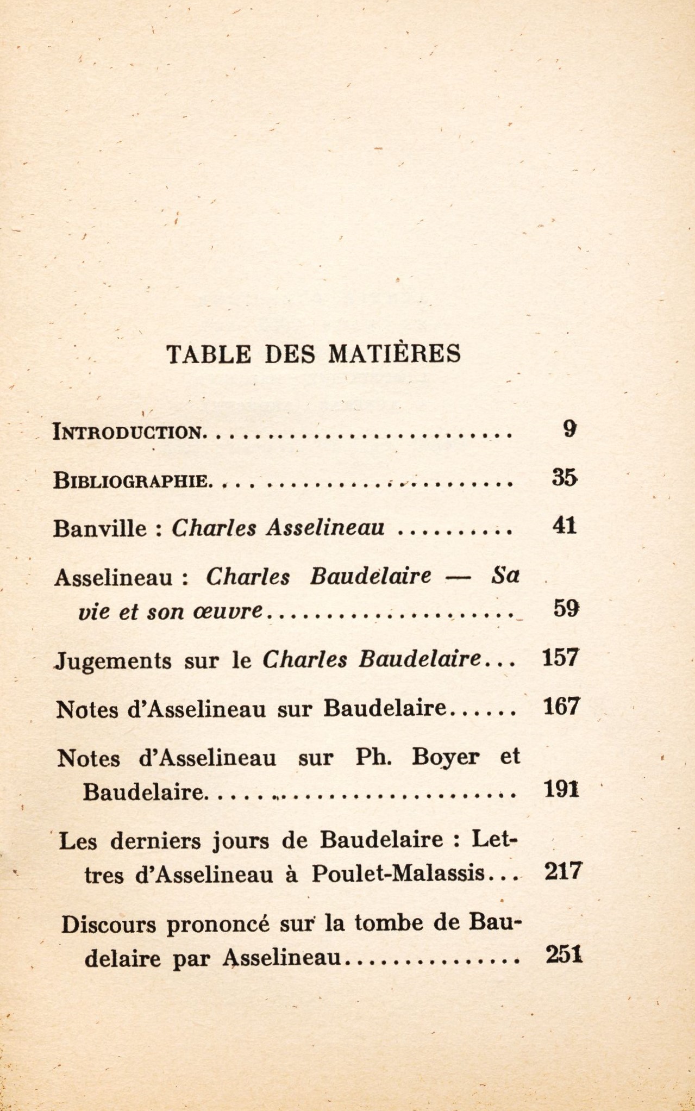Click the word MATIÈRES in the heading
(x=395, y=353)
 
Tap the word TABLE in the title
(x=209, y=354)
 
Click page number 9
(x=569, y=429)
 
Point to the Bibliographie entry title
(x=131, y=480)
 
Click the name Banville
(x=100, y=528)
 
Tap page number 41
(x=564, y=526)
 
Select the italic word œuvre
(x=228, y=611)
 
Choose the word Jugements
(x=114, y=661)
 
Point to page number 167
(x=562, y=707)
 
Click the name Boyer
(x=446, y=757)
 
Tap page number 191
(x=562, y=789)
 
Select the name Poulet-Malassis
(x=397, y=873)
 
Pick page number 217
(x=562, y=871)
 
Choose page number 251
(x=563, y=954)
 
